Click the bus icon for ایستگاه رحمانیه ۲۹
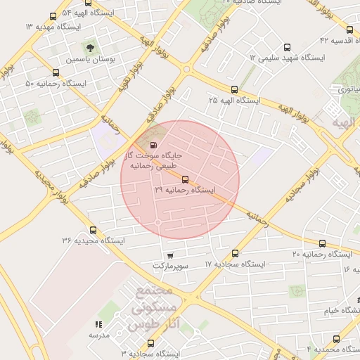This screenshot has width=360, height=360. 185,179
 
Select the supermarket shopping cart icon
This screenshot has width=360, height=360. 169,256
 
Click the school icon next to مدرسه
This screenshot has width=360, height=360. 98,324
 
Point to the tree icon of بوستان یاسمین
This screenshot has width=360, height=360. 90,48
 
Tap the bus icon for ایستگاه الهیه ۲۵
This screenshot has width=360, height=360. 234,89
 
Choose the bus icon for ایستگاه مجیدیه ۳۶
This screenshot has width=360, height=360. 94,230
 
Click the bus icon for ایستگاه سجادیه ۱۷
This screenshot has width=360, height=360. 235,253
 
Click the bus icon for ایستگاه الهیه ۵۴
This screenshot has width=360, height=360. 53,15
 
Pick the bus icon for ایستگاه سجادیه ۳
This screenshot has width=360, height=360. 150,344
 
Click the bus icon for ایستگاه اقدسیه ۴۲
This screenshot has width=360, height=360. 352,30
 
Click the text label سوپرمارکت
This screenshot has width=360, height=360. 171,267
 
